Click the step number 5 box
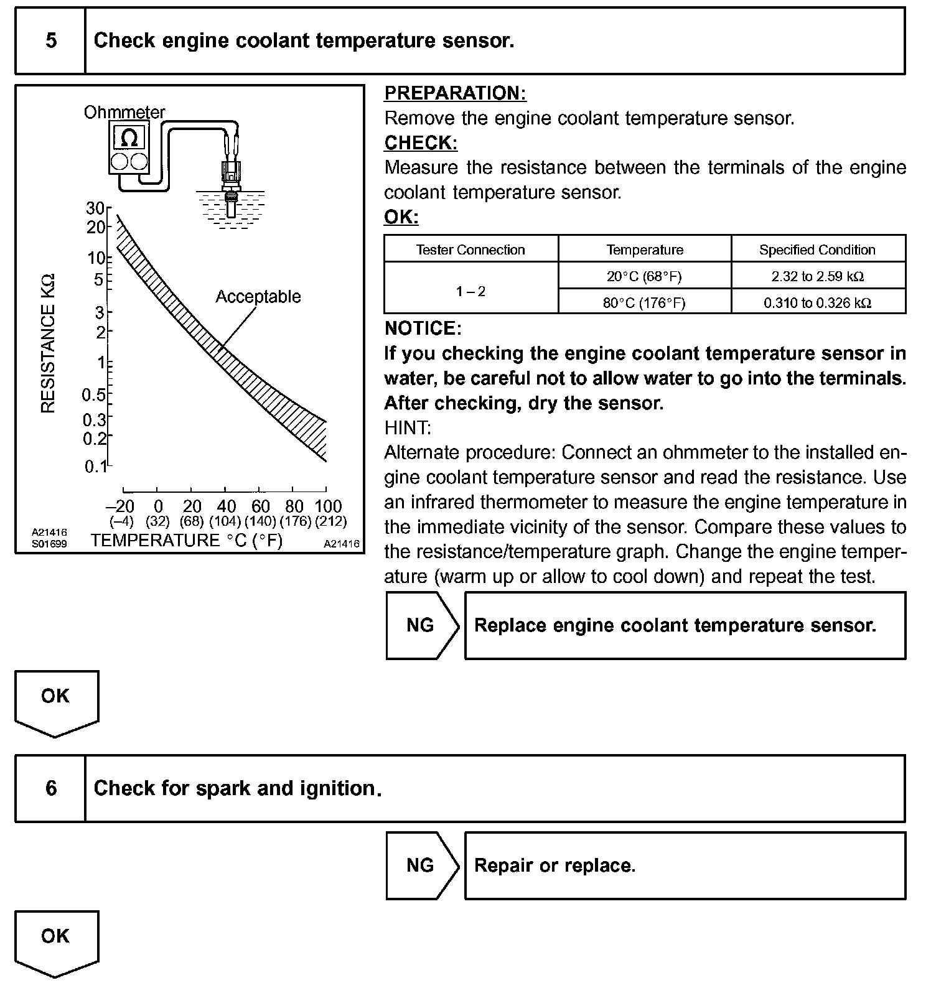tap(51, 41)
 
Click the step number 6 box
tap(51, 788)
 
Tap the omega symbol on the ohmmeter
tap(129, 137)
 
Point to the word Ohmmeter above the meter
tap(124, 113)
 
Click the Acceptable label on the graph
tap(258, 297)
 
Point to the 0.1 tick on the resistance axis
tap(96, 466)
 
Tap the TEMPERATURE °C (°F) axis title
tap(187, 540)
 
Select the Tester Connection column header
tap(470, 250)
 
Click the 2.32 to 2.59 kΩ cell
tap(817, 276)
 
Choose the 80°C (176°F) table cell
tap(644, 303)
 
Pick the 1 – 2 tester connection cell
tap(470, 291)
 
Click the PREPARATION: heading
tap(455, 93)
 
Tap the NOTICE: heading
tap(423, 329)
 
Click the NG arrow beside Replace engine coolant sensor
tap(421, 625)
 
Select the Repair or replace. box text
tap(555, 865)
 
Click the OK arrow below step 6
tap(55, 939)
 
